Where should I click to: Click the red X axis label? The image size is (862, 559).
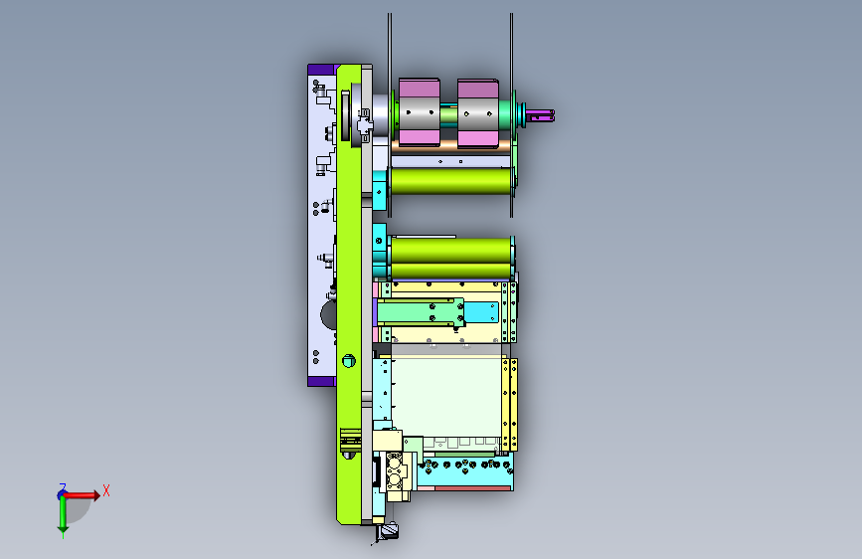pos(106,490)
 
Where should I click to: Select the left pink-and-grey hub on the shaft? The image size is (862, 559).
pos(419,112)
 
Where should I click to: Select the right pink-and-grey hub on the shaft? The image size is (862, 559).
pos(477,113)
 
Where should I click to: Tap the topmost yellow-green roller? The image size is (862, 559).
pos(451,181)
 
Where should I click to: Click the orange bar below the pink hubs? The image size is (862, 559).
pos(450,145)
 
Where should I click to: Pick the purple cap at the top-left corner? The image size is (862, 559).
pos(321,70)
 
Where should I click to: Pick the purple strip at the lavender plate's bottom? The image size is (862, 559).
pos(321,381)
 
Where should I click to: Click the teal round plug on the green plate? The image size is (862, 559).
pos(349,361)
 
